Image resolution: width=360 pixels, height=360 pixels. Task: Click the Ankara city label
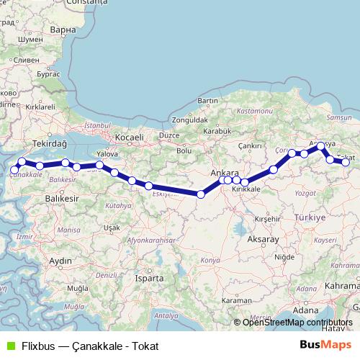[225, 173]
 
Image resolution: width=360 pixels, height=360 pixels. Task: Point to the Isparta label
[149, 277]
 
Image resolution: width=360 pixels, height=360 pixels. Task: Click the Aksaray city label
[262, 238]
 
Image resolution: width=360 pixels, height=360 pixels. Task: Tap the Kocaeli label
[130, 137]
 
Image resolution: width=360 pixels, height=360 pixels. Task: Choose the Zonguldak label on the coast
[189, 120]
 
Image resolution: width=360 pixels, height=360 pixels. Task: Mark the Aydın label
[60, 260]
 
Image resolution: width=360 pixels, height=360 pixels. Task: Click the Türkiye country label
[310, 217]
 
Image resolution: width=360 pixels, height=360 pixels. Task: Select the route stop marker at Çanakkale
[14, 170]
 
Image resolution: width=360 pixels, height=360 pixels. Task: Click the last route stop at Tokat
[346, 163]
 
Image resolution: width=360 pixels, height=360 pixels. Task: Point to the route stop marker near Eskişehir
[149, 186]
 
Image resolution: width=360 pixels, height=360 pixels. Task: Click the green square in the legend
[10, 346]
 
